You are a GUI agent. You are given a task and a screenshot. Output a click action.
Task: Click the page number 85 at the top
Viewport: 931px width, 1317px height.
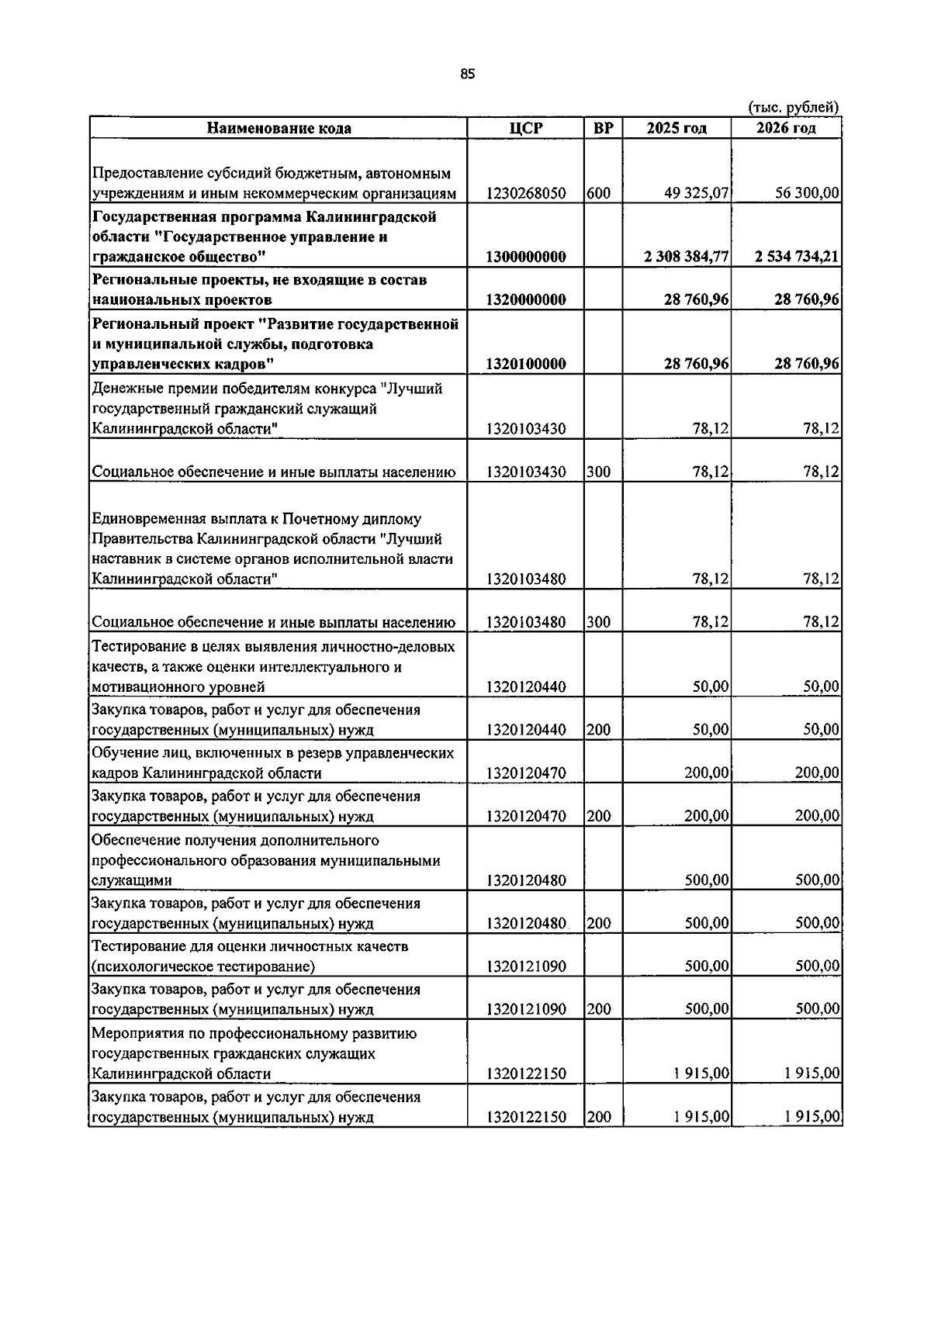466,74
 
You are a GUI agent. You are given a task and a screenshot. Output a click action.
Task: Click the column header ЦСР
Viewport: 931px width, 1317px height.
525,128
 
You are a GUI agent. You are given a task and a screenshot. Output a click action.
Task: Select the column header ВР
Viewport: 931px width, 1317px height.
603,128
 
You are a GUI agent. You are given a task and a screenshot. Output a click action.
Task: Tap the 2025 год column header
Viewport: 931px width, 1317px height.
676,128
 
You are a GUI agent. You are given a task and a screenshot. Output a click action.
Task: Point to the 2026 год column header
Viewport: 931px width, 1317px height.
786,128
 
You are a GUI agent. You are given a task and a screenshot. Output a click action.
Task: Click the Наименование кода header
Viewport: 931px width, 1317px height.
279,128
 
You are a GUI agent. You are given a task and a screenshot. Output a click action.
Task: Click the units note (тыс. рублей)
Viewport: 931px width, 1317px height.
793,107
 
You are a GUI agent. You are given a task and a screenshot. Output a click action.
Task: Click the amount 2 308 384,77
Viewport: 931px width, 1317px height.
686,257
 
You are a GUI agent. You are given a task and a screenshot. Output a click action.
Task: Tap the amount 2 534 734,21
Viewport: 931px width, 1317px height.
797,257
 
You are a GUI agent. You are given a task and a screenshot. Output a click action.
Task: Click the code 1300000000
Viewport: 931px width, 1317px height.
526,257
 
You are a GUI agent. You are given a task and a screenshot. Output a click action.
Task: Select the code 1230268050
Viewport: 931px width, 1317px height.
526,193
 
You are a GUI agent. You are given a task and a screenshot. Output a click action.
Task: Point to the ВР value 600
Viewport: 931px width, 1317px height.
598,193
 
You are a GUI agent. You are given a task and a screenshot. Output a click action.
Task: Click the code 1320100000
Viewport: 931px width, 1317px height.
526,364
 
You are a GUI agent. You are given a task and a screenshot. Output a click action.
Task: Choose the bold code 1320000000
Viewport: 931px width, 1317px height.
526,299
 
